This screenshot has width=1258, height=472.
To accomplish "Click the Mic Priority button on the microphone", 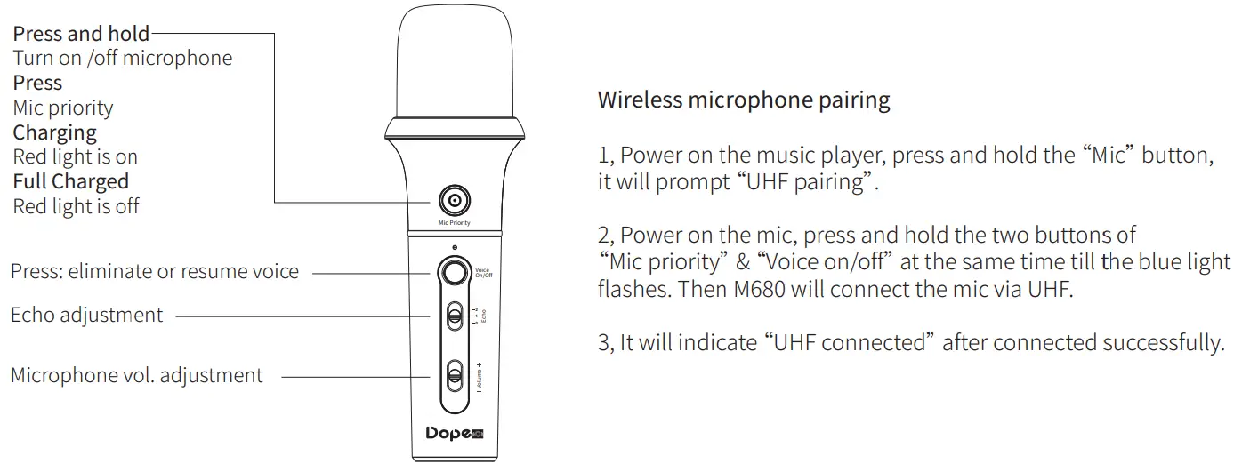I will point(455,201).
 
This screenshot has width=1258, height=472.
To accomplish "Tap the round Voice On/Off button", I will point(455,272).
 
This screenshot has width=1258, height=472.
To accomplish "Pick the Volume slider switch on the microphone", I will point(455,374).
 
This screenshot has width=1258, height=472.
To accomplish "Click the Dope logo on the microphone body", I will point(454,433).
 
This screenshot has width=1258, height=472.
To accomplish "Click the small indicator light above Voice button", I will point(455,247).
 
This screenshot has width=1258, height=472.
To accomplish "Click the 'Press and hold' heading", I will point(81,35).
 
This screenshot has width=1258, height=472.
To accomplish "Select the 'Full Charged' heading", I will point(70,181).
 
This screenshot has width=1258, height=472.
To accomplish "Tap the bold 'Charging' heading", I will point(54,132).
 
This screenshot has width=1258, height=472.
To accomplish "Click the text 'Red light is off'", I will point(76,206).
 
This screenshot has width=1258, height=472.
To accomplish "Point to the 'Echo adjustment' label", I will point(87,315).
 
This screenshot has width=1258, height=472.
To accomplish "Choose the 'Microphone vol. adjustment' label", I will point(137,375).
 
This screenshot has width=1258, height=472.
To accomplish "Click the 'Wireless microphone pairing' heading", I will point(743,100).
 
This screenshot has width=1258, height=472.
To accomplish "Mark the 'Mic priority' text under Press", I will point(63,108).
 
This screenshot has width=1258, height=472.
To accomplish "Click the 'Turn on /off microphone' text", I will point(122,59).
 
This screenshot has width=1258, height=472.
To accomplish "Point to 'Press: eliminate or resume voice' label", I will point(155,271).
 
